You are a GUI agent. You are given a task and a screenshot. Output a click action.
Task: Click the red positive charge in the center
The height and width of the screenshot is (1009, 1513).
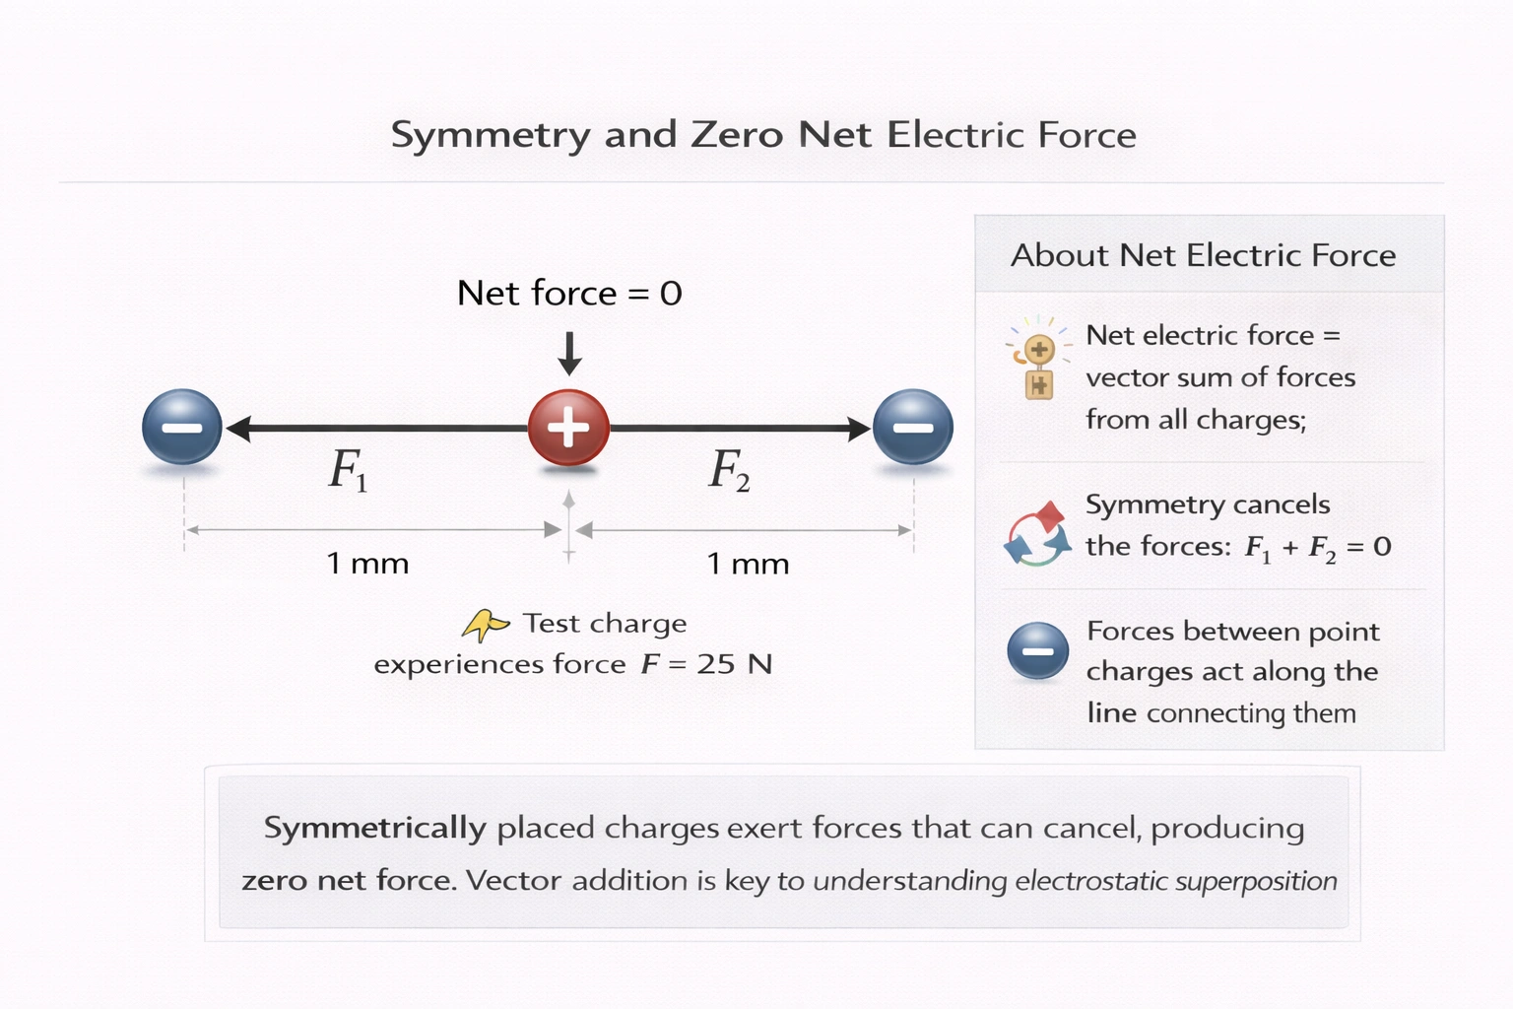[568, 428]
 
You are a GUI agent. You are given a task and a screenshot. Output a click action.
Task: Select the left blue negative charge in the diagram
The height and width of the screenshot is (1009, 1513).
[182, 427]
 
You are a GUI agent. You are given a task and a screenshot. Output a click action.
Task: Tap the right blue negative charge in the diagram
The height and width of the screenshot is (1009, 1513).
[913, 427]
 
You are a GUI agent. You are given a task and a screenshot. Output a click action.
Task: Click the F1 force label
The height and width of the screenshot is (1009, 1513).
[348, 470]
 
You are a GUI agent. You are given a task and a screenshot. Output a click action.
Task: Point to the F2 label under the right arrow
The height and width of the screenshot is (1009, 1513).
[729, 470]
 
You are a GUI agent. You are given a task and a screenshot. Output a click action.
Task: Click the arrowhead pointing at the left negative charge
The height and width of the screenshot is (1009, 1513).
[238, 428]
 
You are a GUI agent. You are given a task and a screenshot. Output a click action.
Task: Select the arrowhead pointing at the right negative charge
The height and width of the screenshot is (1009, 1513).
[858, 428]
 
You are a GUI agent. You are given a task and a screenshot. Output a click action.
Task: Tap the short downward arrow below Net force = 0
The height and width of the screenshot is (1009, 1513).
[569, 354]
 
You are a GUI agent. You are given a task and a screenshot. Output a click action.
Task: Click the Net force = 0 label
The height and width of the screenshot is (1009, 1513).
[569, 293]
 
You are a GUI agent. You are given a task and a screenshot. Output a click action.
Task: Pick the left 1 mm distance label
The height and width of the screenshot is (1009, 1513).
[367, 564]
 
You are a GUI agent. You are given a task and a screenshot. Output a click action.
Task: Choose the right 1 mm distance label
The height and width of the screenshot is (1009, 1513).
[748, 564]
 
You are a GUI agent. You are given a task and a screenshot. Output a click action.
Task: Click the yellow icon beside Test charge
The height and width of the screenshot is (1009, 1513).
[485, 625]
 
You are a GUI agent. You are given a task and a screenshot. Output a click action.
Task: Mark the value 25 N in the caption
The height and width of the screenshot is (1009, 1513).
[734, 664]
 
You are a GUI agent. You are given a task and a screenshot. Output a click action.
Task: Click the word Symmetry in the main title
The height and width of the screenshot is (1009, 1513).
[490, 135]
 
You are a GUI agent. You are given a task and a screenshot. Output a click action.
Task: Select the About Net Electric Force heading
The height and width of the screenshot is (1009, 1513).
[1203, 255]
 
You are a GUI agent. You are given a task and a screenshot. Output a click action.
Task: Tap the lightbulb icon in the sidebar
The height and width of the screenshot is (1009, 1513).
[1038, 358]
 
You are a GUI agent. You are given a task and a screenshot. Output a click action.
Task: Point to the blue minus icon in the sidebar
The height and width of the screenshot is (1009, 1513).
[1037, 651]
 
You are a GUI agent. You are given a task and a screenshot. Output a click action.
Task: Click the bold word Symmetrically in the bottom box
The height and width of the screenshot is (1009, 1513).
[374, 828]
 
